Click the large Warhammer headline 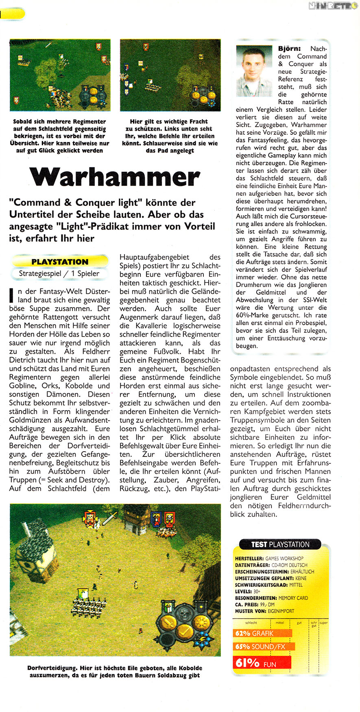pyautogui.click(x=115, y=177)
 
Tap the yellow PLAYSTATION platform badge pyautogui.click(x=60, y=262)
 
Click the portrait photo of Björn pyautogui.click(x=254, y=70)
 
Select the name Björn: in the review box pyautogui.click(x=289, y=48)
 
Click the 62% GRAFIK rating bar pyautogui.click(x=262, y=633)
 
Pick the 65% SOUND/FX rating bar pyautogui.click(x=264, y=646)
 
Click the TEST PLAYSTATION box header pyautogui.click(x=280, y=544)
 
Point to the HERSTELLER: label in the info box pyautogui.click(x=249, y=559)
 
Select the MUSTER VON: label pyautogui.click(x=250, y=611)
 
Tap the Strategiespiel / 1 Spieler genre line pyautogui.click(x=59, y=273)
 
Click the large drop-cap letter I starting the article pyautogui.click(x=12, y=296)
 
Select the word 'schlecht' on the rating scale pyautogui.click(x=251, y=623)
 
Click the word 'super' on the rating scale pyautogui.click(x=323, y=623)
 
